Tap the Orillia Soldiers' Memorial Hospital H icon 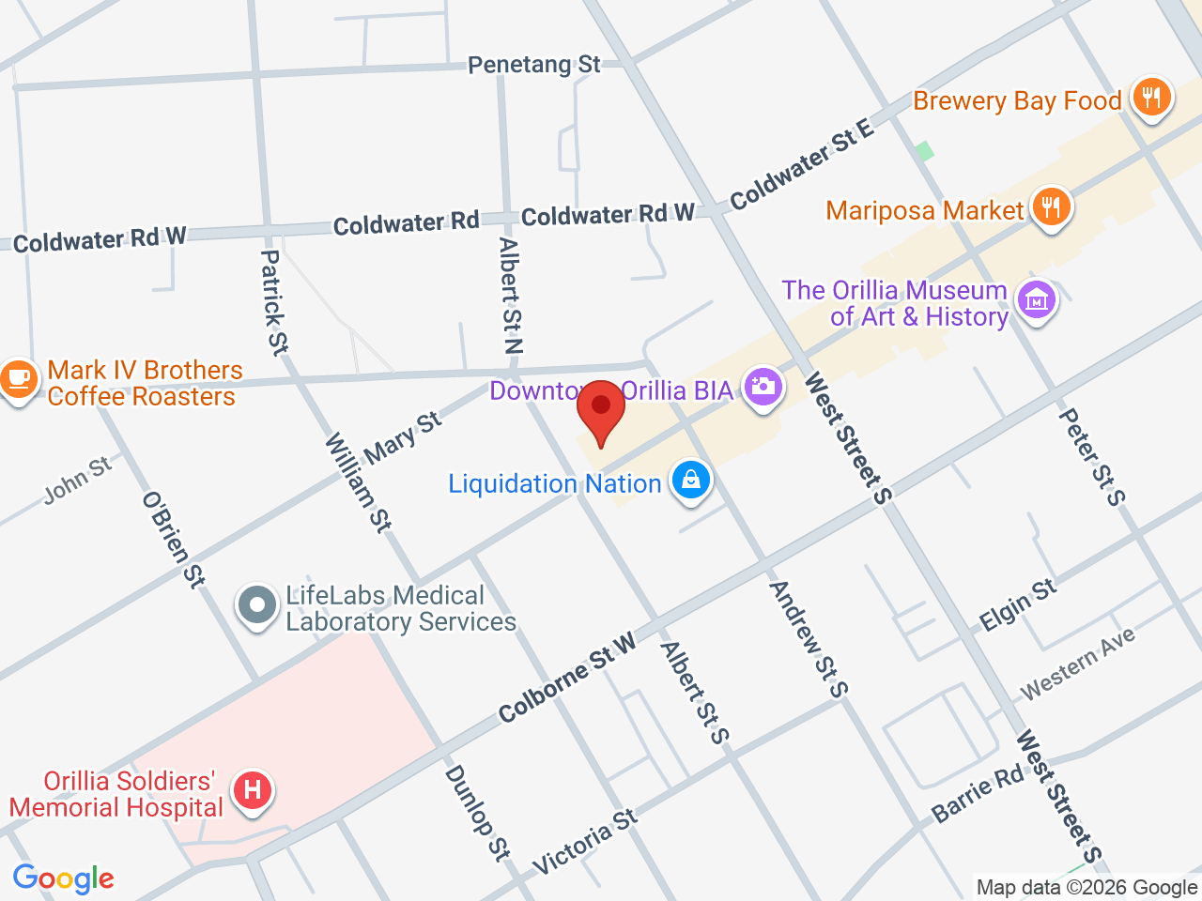pos(253,789)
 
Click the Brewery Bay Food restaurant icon pos(1151,96)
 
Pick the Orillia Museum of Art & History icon pos(1036,300)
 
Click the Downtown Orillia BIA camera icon pos(763,386)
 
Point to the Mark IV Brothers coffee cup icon pos(17,379)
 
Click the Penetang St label pos(533,65)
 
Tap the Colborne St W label pos(567,678)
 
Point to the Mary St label pos(402,437)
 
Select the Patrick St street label pos(273,302)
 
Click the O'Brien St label pos(173,540)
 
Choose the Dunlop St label pos(476,812)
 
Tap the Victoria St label pos(584,842)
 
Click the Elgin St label pos(1018,605)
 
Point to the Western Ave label pos(1078,663)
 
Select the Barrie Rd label pos(978,794)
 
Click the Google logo pos(63,879)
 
